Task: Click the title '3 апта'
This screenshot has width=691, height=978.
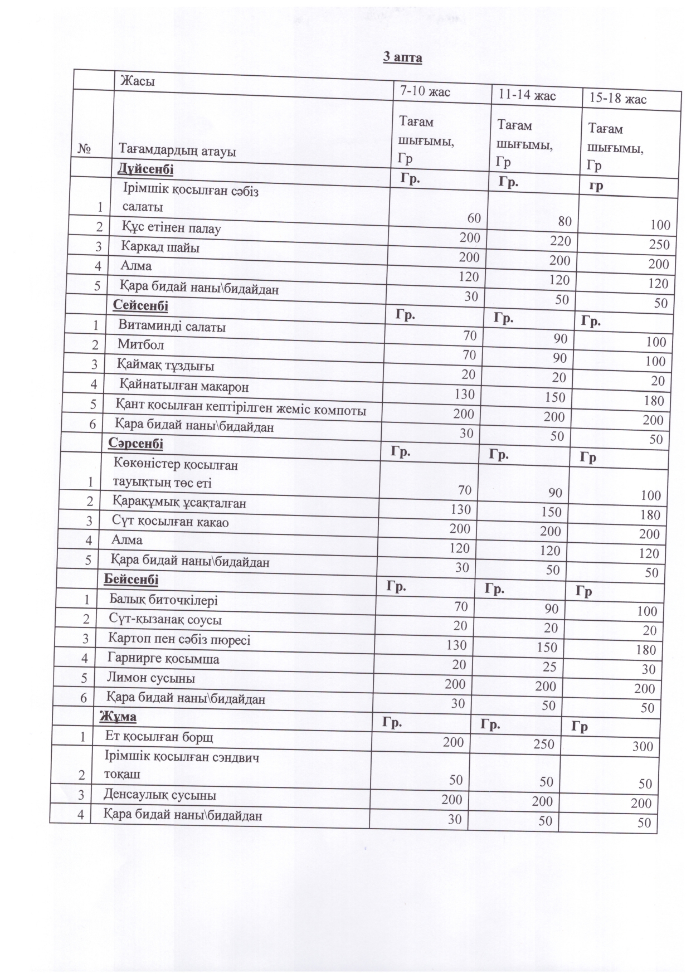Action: pyautogui.click(x=402, y=57)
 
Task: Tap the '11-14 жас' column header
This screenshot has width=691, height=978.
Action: pyautogui.click(x=527, y=95)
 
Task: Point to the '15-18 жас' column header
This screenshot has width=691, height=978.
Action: pyautogui.click(x=617, y=99)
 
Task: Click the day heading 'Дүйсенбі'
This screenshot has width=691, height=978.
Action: pyautogui.click(x=145, y=169)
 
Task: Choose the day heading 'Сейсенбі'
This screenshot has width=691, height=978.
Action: pyautogui.click(x=140, y=305)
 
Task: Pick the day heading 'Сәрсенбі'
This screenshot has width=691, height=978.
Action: pyautogui.click(x=136, y=444)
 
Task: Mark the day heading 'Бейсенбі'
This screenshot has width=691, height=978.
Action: pyautogui.click(x=132, y=580)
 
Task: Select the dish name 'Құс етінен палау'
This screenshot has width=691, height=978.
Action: pyautogui.click(x=172, y=228)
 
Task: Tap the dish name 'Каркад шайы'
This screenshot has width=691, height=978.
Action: pyautogui.click(x=160, y=247)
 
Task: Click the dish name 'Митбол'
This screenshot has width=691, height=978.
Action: pyautogui.click(x=141, y=345)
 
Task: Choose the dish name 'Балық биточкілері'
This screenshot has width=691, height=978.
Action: pyautogui.click(x=163, y=600)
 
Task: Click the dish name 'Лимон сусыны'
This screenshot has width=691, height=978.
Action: pyautogui.click(x=151, y=678)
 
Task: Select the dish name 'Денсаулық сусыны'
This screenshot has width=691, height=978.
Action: pyautogui.click(x=160, y=795)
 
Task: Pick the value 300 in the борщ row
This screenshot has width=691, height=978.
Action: pyautogui.click(x=643, y=747)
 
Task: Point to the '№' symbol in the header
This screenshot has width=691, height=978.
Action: pyautogui.click(x=85, y=149)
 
